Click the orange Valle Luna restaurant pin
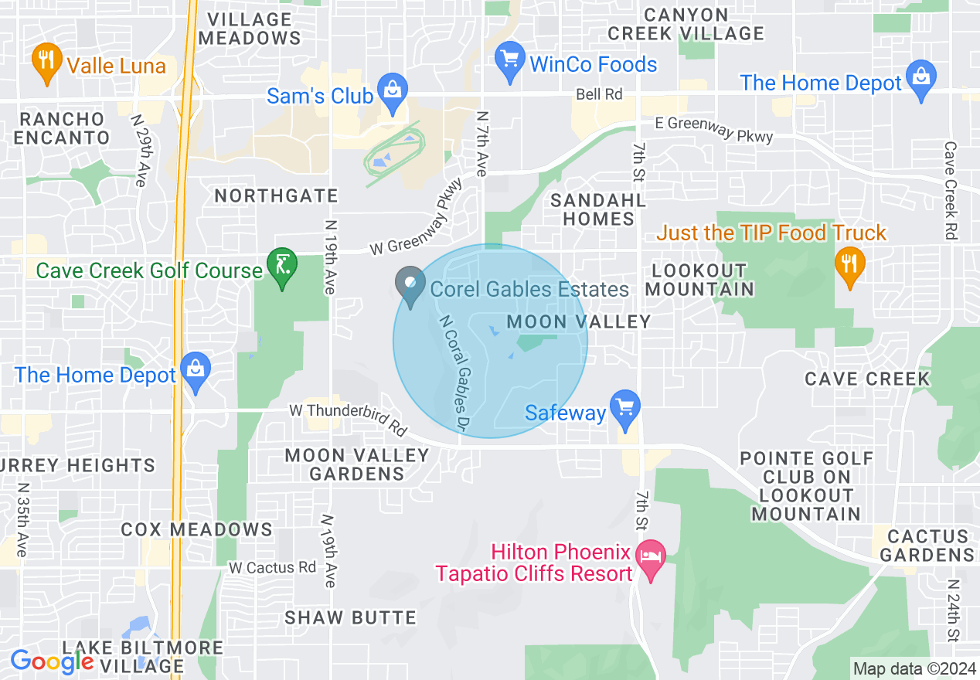tap(47, 60)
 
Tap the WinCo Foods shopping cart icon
tap(509, 59)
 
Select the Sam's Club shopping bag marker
tap(393, 91)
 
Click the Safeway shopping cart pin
tap(624, 407)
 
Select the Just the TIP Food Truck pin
tap(850, 263)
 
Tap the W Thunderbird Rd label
tap(348, 417)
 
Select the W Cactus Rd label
tap(272, 567)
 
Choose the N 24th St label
tap(953, 610)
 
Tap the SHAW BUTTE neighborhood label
tap(350, 617)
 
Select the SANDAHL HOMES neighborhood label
tap(597, 209)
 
